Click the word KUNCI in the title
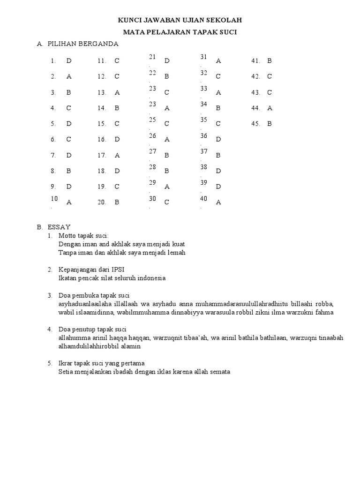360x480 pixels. [x=128, y=21]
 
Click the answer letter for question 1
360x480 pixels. [x=69, y=60]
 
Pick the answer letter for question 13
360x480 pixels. [x=117, y=92]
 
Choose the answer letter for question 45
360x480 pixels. [x=270, y=124]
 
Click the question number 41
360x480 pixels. [x=255, y=60]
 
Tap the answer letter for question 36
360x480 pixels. [x=218, y=140]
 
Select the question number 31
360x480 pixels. [x=204, y=57]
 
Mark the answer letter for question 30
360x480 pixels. [x=167, y=202]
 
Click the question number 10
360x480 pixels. [x=54, y=199]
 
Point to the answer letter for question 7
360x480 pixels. [x=69, y=155]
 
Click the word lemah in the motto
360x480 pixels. [x=176, y=253]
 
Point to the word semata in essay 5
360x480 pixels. [x=219, y=372]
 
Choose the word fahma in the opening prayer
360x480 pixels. [x=324, y=312]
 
